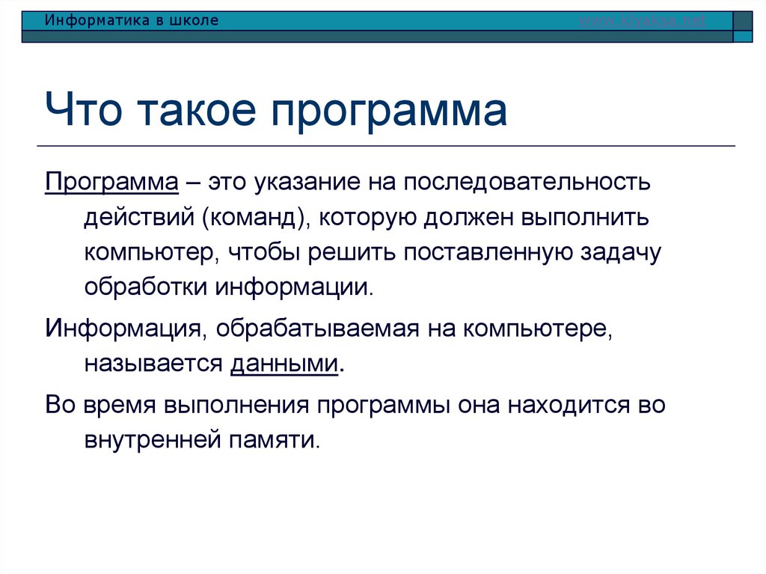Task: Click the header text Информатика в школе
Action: coord(131,21)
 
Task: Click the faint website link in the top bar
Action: coord(643,21)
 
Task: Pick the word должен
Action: coord(475,218)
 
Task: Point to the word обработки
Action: coord(147,287)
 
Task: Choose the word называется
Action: coord(153,364)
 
